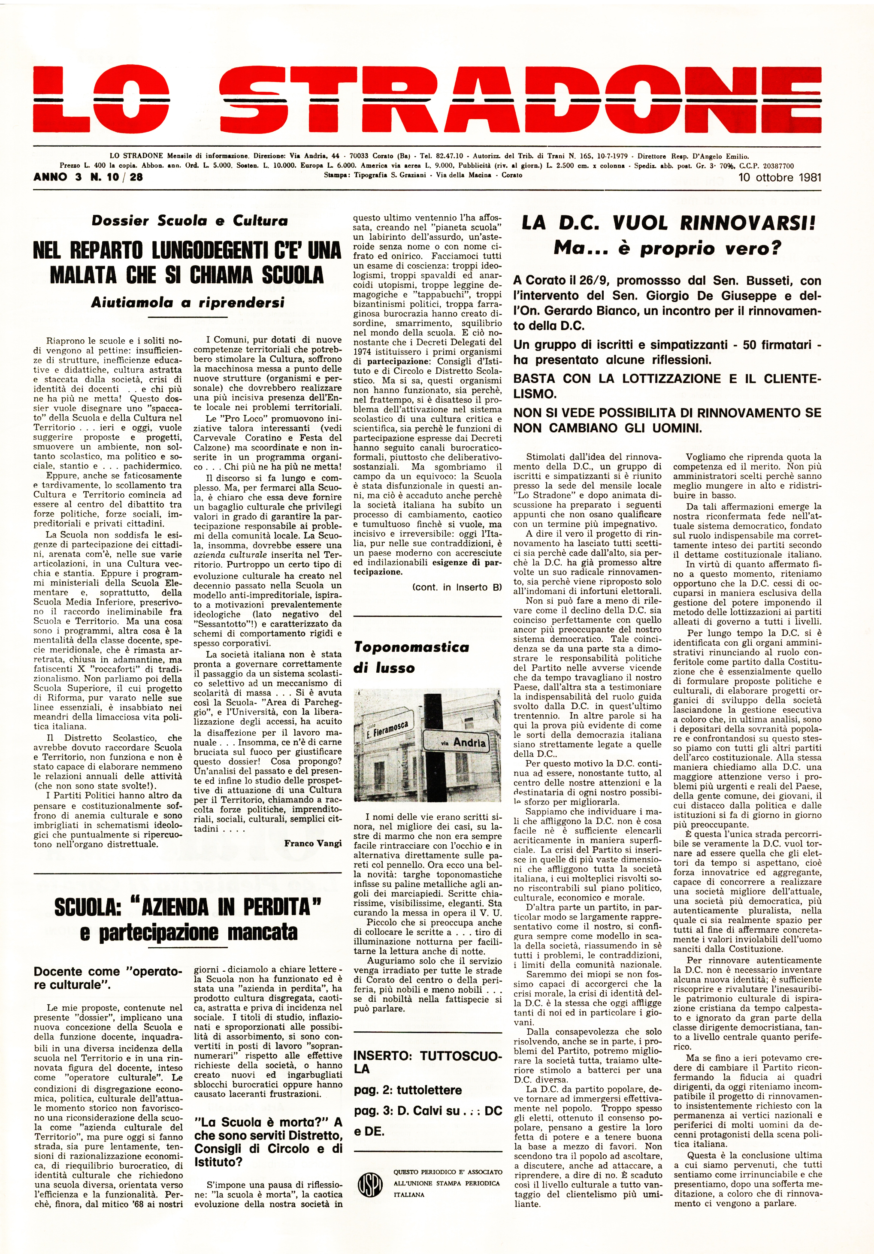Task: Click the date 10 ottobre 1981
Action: point(780,178)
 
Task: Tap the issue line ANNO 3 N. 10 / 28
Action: point(88,177)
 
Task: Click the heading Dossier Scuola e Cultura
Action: point(190,221)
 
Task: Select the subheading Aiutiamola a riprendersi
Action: point(188,302)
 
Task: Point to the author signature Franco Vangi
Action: point(313,843)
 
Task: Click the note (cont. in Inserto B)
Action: point(457,587)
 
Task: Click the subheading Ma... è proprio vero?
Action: point(668,248)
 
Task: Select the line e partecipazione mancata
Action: point(188,932)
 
